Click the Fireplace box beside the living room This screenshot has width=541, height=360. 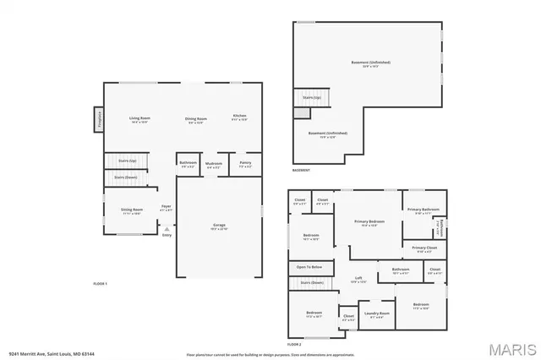tap(98, 119)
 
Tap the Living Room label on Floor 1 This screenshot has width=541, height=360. tap(139, 118)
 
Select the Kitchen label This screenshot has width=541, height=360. tap(240, 117)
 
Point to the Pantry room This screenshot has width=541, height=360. tap(245, 165)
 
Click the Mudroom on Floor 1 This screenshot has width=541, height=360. tap(214, 165)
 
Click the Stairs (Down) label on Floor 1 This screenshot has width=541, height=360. tap(126, 177)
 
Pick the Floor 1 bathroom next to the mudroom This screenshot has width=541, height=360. tap(188, 164)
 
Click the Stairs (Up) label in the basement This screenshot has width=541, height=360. tap(311, 97)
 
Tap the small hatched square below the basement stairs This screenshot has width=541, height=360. tap(302, 113)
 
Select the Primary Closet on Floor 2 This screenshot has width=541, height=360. tap(424, 249)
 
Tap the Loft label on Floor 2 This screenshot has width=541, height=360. tap(358, 280)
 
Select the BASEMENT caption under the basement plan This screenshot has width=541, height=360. tap(301, 171)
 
